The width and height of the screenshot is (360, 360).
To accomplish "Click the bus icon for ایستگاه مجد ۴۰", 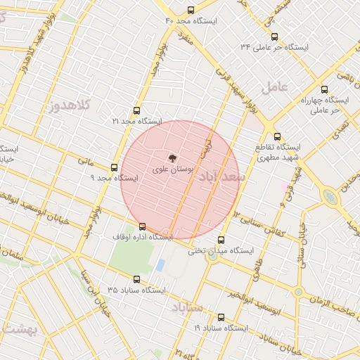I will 191,10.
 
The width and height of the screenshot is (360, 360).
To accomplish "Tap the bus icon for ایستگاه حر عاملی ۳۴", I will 274,37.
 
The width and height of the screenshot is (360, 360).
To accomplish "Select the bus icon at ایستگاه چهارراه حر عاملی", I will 324,89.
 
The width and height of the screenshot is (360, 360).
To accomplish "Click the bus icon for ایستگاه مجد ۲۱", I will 136,110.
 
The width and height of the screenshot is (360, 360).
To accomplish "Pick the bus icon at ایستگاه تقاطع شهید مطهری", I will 277,136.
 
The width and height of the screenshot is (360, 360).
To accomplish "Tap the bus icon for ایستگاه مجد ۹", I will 115,167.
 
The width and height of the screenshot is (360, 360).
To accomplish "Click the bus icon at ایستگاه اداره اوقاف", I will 143,226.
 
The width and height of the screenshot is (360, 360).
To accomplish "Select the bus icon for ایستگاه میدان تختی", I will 221,240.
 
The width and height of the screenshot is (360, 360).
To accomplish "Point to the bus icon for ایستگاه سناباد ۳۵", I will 136,279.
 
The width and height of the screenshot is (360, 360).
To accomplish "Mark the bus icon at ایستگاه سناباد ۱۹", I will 221,317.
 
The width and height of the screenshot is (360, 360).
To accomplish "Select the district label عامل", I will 274,87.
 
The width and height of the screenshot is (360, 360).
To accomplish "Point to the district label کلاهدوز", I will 70,106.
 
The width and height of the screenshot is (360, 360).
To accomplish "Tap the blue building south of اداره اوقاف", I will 160,265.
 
